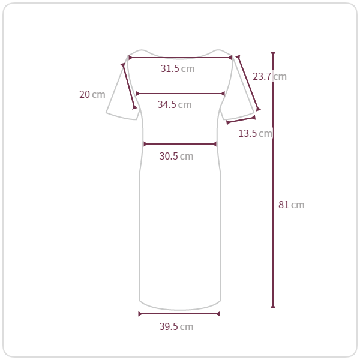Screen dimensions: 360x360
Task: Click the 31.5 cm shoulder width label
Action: (178, 68)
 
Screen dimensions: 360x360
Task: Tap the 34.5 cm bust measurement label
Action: (175, 104)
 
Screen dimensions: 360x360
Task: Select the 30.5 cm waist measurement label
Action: (176, 156)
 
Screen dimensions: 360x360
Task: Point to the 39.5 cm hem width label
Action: (176, 326)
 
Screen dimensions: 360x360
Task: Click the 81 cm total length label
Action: (292, 205)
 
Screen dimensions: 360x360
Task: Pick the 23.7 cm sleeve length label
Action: (269, 76)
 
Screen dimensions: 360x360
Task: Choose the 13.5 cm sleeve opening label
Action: (256, 133)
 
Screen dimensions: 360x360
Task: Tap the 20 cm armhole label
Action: (92, 94)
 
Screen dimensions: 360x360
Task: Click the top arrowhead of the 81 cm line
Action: (273, 54)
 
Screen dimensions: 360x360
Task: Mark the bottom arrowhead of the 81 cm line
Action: (273, 306)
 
